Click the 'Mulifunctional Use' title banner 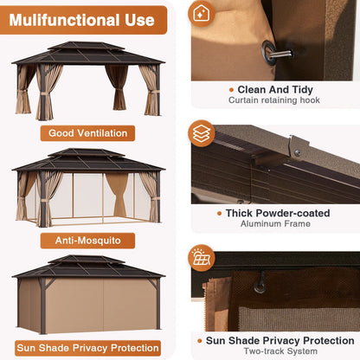point(83,20)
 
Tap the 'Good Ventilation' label point(87,133)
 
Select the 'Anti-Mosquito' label point(87,241)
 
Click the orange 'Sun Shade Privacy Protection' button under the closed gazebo point(87,348)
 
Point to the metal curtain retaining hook point(277,53)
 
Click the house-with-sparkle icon point(201,14)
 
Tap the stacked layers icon point(202,133)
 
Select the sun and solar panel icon point(202,258)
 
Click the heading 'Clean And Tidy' point(275,89)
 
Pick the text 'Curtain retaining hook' point(274,100)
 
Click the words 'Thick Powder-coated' point(278,213)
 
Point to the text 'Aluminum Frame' point(275,223)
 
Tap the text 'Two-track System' point(280,351)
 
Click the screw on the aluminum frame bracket point(298,152)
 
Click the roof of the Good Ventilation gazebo point(87,54)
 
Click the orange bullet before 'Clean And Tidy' point(231,90)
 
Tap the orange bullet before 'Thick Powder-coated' point(220,214)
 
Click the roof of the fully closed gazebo point(87,267)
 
